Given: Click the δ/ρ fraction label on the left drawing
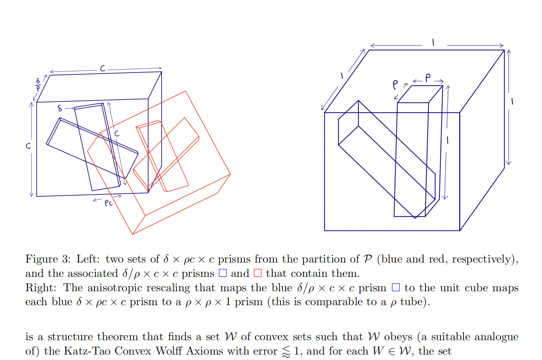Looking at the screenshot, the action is click(38, 84).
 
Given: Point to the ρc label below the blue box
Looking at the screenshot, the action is click(108, 203).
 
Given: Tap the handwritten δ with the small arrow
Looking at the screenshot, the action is click(60, 108).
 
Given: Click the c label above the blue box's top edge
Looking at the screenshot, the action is click(103, 68).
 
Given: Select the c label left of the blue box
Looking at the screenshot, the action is click(29, 146).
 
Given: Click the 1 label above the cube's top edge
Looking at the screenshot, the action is click(434, 43).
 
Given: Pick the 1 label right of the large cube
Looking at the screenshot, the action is click(512, 101).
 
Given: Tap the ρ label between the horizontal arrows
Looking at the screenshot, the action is click(428, 78).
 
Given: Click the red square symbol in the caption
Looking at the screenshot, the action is click(257, 273).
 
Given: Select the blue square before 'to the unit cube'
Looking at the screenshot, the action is click(396, 287).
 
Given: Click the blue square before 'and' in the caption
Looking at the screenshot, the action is click(222, 273).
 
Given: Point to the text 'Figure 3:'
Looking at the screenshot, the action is click(48, 260).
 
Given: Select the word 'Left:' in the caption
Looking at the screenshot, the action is click(88, 259).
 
